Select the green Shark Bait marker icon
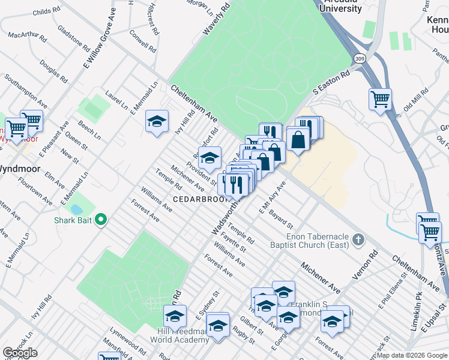[101, 221]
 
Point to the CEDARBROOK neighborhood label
[197, 199]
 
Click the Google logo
[20, 353]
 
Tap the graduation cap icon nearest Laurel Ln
[156, 121]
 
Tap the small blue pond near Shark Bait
[77, 209]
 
